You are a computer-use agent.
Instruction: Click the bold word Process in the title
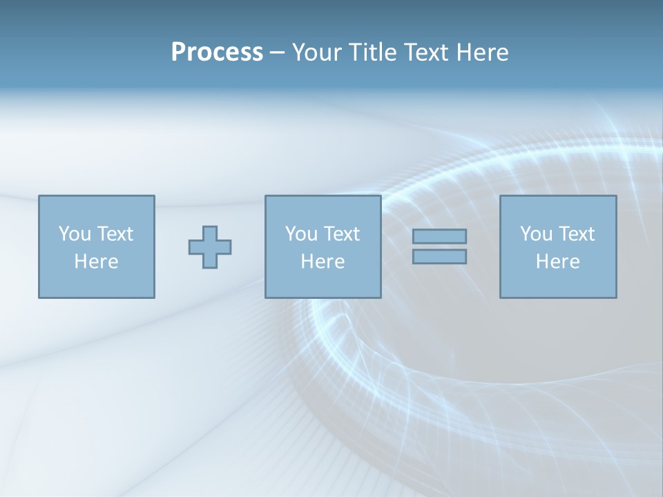[217, 52]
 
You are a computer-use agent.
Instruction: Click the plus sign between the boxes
[210, 246]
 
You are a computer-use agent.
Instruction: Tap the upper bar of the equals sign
[439, 236]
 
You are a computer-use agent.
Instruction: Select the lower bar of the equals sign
[439, 257]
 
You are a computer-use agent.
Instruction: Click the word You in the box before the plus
[75, 234]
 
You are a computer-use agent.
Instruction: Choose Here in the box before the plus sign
[96, 262]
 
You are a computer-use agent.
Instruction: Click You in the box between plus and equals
[301, 234]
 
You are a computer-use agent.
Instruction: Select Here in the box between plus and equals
[323, 262]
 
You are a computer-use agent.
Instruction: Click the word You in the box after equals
[536, 234]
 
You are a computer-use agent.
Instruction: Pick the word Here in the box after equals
[557, 262]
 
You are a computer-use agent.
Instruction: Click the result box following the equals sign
[558, 283]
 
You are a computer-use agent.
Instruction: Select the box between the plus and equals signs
[323, 283]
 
